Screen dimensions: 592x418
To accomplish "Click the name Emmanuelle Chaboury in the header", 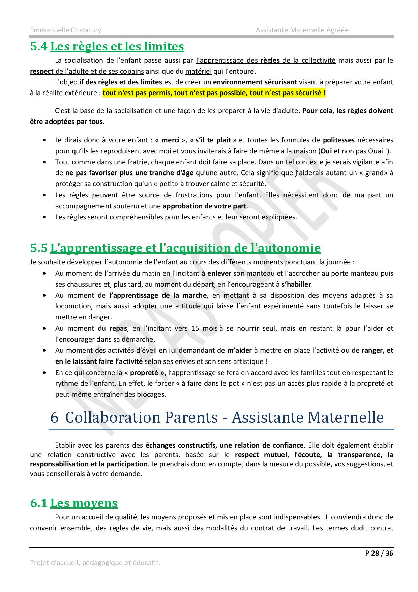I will click(65, 30).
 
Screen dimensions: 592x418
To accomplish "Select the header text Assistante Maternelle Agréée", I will click(302, 30).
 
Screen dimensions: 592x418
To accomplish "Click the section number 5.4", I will click(39, 46).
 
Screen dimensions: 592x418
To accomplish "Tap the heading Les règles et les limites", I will click(117, 46).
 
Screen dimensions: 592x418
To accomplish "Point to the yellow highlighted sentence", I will click(214, 93).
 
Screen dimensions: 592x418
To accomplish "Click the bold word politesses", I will click(338, 140).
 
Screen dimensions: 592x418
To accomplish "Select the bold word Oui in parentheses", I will click(326, 151).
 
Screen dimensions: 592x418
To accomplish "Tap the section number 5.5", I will click(39, 248).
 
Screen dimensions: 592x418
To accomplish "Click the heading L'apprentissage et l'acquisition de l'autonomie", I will click(185, 248).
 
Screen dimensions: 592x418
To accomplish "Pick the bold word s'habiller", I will click(296, 284).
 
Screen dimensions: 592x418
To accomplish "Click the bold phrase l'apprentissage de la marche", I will click(158, 295).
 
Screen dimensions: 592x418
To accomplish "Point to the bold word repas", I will click(118, 328).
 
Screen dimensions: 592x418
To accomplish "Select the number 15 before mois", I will click(195, 328).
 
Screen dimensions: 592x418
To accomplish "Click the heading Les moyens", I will click(84, 503).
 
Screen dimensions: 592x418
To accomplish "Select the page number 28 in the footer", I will click(375, 553).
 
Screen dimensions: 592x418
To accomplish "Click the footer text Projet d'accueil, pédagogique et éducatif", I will click(95, 563).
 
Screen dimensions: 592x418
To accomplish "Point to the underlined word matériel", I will click(199, 71).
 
